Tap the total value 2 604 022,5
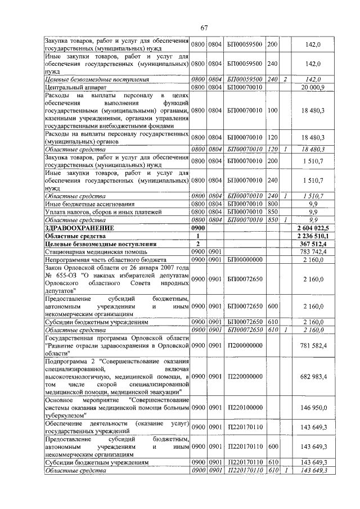coord(313,228)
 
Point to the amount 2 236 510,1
coord(313,236)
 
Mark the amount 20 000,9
coord(313,87)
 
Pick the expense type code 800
coord(273,204)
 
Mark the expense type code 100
coord(273,111)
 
